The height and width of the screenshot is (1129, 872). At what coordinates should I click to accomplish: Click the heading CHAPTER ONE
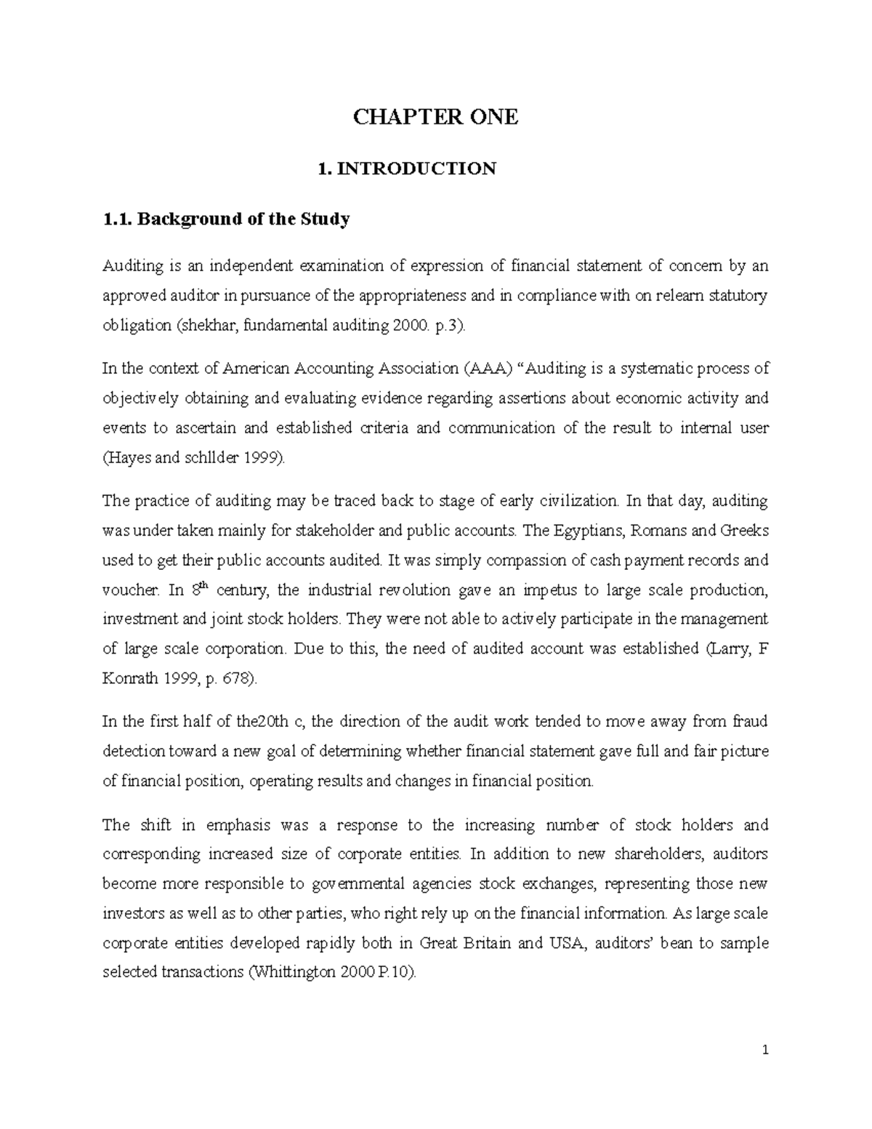click(435, 117)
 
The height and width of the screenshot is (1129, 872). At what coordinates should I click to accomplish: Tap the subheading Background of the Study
click(243, 219)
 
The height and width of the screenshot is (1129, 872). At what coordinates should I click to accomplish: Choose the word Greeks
click(744, 531)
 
